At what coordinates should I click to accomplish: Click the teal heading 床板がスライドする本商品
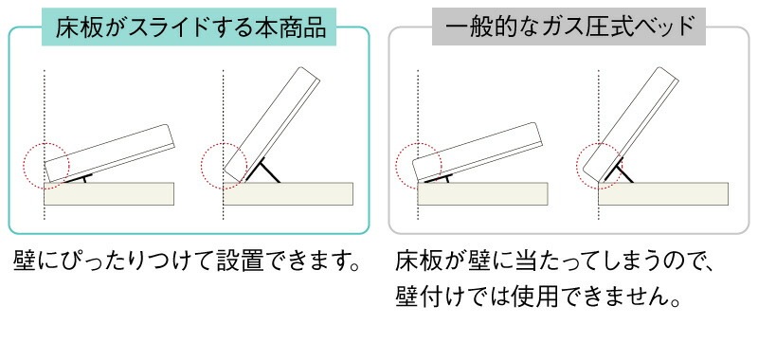191,27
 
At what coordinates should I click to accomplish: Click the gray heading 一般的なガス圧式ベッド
569,27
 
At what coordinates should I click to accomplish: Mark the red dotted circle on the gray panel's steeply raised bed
600,162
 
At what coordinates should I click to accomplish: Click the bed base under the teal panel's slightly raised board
110,193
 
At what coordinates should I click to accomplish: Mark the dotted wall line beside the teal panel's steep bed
224,104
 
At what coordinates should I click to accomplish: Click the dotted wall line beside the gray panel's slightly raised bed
416,104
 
